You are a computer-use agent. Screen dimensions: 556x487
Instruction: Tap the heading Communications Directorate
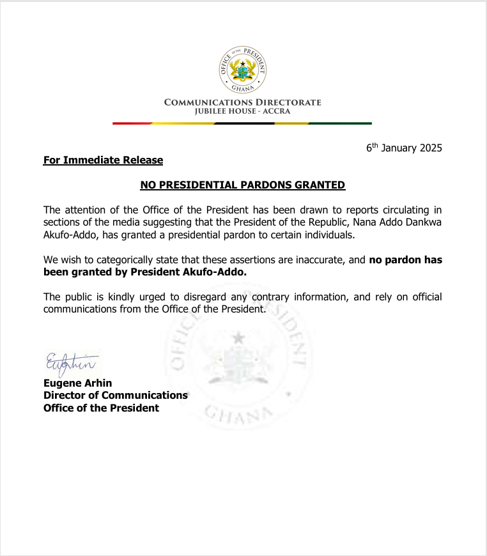[x=243, y=102]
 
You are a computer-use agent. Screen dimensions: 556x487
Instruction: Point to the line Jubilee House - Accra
[x=243, y=111]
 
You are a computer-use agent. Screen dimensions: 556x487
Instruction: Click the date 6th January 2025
[x=404, y=148]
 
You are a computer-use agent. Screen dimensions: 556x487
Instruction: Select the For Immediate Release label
[x=103, y=160]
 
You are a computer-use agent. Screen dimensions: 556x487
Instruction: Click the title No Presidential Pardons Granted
[x=243, y=185]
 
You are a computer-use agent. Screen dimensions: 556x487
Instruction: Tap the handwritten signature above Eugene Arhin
[x=70, y=363]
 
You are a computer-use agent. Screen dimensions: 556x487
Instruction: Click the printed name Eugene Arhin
[x=77, y=383]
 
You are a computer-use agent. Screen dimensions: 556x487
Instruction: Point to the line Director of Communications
[x=115, y=396]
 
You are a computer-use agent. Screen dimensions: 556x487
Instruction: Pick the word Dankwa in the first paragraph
[x=424, y=222]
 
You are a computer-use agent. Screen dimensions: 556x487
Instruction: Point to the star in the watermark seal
[x=238, y=337]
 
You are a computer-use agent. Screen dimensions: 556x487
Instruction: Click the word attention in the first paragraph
[x=84, y=210]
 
